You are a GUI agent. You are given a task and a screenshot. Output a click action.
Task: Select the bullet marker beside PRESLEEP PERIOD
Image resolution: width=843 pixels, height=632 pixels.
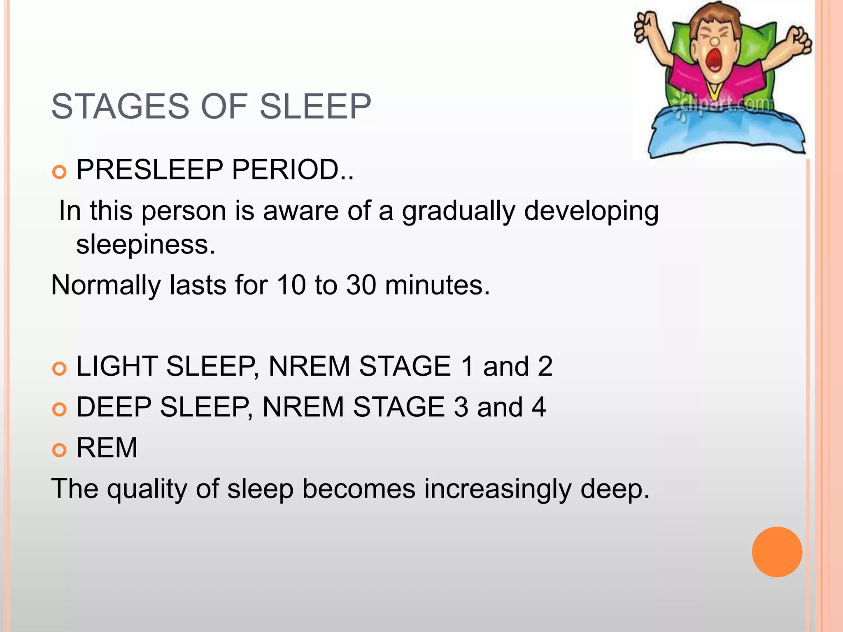[x=60, y=172]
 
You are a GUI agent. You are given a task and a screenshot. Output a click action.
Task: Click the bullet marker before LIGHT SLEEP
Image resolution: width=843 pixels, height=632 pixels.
[x=60, y=369]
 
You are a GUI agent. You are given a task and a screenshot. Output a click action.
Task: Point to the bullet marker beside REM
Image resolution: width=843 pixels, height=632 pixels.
[x=60, y=450]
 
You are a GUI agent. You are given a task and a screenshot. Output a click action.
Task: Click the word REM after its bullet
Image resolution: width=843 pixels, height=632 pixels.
[x=107, y=448]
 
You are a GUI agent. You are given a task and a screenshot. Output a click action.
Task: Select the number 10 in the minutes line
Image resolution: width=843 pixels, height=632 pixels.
[x=291, y=285]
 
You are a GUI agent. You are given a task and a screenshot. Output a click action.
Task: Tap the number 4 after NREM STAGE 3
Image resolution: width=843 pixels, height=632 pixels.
[x=538, y=407]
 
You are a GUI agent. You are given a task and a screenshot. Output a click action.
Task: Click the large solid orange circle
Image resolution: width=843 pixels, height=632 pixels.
[x=777, y=552]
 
